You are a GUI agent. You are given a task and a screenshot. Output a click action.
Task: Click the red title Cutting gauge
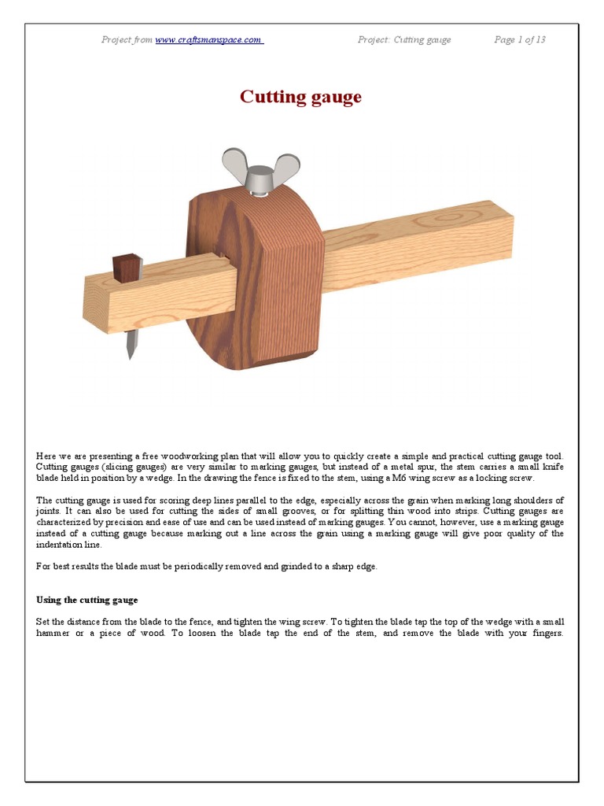(300, 97)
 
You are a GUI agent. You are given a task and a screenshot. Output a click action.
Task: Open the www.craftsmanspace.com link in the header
(208, 40)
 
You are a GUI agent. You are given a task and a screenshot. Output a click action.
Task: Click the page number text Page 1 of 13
(519, 40)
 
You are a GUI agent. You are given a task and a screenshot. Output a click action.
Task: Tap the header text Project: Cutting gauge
(403, 40)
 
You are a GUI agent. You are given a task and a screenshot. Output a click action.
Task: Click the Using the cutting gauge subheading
(87, 600)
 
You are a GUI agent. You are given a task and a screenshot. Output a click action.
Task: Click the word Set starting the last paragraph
(43, 622)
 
